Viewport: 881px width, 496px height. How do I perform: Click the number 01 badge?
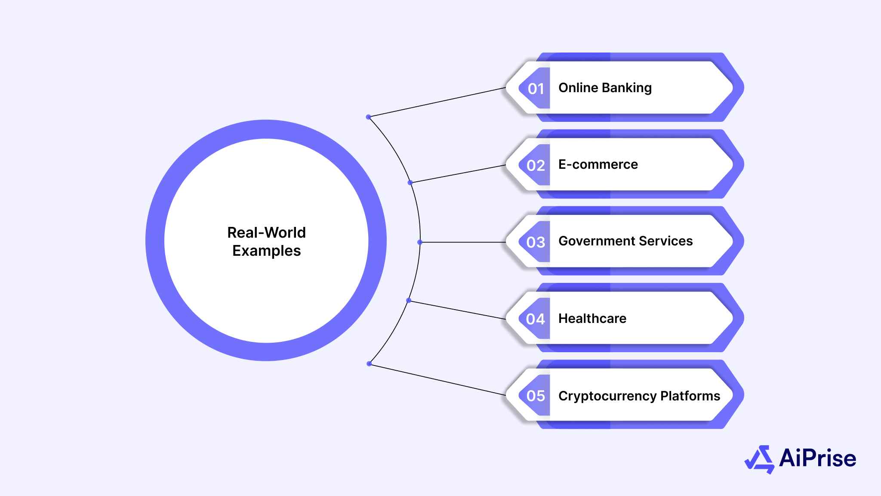536,89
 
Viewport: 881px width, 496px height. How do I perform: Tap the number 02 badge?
536,165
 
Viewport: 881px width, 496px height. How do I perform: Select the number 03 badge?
536,242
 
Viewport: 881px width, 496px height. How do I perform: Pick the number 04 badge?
536,319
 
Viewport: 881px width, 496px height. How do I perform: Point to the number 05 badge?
536,396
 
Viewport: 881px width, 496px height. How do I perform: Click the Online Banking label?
605,88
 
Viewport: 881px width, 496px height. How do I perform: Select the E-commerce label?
598,164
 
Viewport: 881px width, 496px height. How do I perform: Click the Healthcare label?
592,319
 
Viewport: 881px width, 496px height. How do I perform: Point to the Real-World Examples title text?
266,242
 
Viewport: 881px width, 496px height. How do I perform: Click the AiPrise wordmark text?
817,458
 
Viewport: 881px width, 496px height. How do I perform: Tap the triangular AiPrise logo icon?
760,459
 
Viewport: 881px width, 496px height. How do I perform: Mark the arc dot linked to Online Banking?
368,117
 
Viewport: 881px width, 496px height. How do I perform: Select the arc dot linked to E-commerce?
410,183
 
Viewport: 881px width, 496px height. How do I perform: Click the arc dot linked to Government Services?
420,242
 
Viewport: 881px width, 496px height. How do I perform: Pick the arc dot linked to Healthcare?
409,301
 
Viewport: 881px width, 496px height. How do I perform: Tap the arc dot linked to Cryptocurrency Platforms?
369,364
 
